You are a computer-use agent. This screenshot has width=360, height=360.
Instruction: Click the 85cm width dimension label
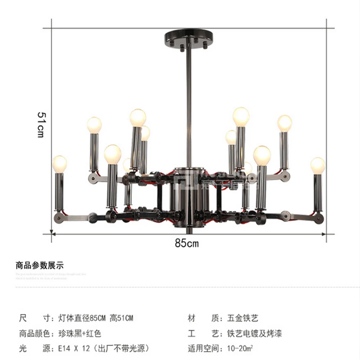[x=186, y=243]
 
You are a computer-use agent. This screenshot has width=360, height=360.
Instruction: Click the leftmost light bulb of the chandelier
[x=60, y=164]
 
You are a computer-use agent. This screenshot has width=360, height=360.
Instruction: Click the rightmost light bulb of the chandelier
[x=318, y=165]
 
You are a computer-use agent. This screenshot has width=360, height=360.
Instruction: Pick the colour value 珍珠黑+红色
[x=80, y=333]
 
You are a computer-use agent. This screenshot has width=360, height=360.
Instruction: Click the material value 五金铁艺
[x=243, y=318]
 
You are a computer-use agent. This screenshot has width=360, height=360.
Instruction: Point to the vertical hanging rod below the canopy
[x=188, y=108]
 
